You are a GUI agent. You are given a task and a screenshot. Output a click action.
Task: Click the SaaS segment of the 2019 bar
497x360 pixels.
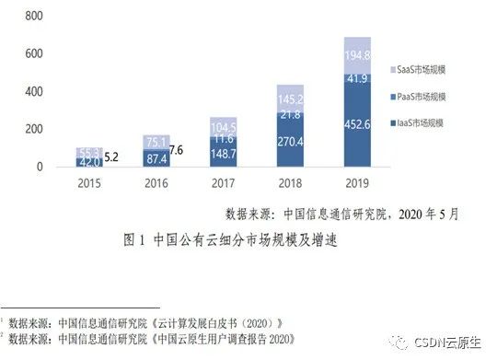pos(357,55)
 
